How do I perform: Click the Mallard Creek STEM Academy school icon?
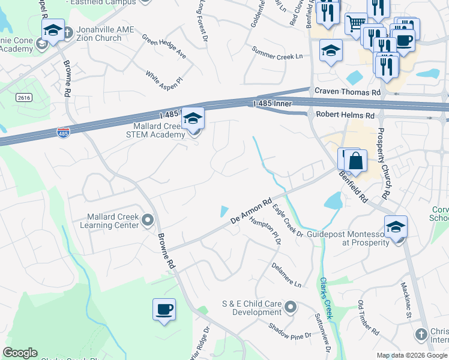[x=193, y=118]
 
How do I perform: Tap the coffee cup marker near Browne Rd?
[x=164, y=310]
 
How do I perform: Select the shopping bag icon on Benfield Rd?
[x=355, y=161]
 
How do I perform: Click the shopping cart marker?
[x=356, y=24]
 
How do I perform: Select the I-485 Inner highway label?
[x=273, y=104]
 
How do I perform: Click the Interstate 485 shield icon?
[x=62, y=131]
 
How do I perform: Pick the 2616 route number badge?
[x=24, y=97]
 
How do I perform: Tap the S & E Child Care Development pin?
[x=291, y=308]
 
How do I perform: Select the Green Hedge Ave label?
[x=164, y=46]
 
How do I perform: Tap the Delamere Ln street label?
[x=286, y=274]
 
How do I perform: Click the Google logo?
[x=20, y=353]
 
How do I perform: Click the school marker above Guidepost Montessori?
[x=396, y=227]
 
